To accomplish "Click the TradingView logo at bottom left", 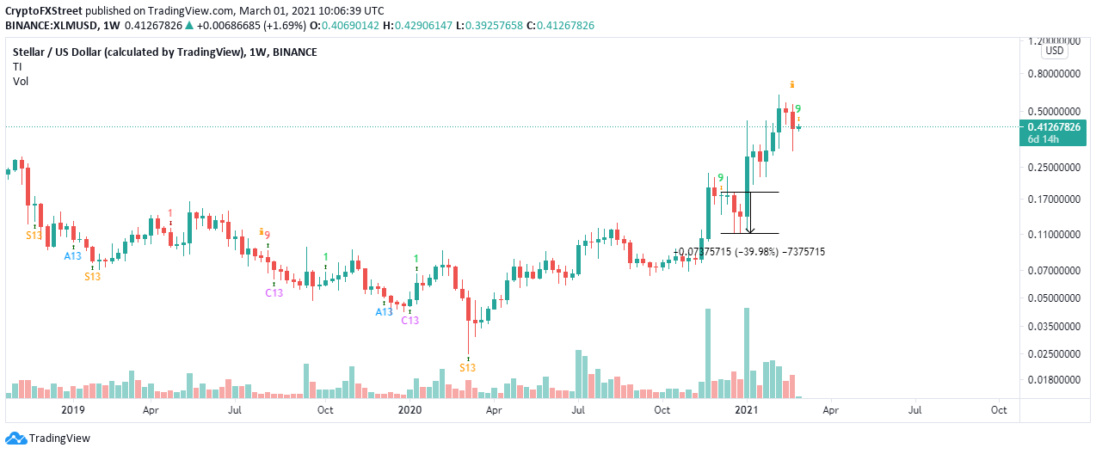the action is pyautogui.click(x=48, y=438).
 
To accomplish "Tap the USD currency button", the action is pyautogui.click(x=1055, y=51).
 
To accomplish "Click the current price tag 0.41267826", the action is pyautogui.click(x=1055, y=127).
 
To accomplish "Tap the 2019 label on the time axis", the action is pyautogui.click(x=73, y=410).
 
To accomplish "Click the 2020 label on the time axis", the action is pyautogui.click(x=409, y=410).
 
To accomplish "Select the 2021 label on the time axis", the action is pyautogui.click(x=747, y=410).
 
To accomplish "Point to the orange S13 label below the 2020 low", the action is pyautogui.click(x=467, y=367).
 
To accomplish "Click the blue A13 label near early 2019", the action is pyautogui.click(x=73, y=256).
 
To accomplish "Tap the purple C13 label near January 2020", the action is pyautogui.click(x=410, y=321).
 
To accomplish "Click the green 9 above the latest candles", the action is pyautogui.click(x=797, y=109).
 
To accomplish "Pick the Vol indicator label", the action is pyautogui.click(x=21, y=81).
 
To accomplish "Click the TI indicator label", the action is pyautogui.click(x=17, y=66).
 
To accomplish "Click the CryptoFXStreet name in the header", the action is pyautogui.click(x=44, y=11).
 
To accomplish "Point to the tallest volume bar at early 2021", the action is pyautogui.click(x=747, y=353).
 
